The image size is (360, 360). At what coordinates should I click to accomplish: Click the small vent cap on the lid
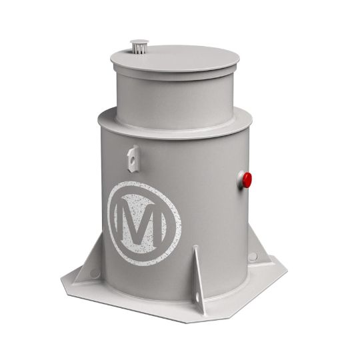point(139,43)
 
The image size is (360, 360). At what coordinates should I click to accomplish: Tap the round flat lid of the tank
point(175,59)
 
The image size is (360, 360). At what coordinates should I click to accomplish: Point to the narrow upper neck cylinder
point(174,101)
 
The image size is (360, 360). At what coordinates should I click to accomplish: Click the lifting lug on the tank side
point(133,159)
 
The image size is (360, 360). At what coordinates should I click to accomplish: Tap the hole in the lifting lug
point(133,159)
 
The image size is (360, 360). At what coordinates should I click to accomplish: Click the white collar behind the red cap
point(241,180)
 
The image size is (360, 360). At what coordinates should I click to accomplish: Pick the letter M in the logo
point(141,221)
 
